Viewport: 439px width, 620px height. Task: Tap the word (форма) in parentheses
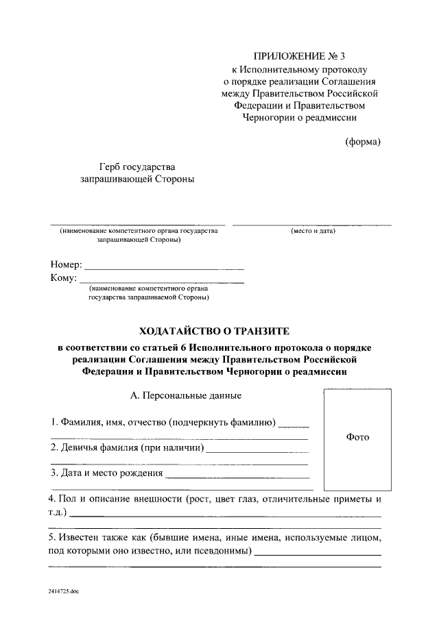point(361,142)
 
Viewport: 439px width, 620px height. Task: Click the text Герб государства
point(137,166)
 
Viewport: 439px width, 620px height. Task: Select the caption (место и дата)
point(313,232)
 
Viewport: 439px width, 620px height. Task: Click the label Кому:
point(63,277)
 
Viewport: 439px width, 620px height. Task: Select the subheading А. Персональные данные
point(185,396)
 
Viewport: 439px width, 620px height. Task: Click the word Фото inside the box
point(357,437)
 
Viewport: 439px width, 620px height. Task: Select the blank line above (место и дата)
point(312,225)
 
